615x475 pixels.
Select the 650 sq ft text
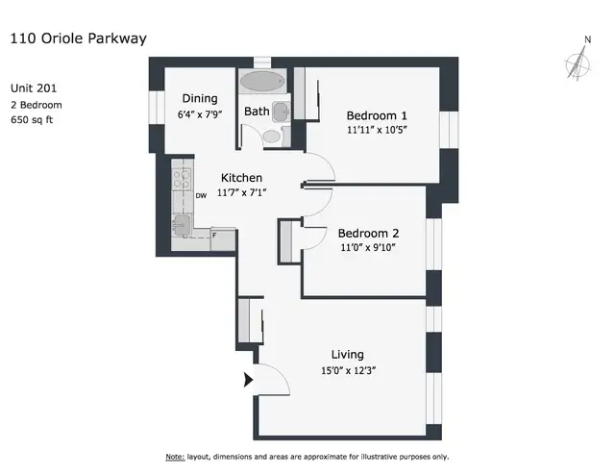tap(37, 120)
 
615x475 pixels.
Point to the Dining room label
tap(200, 98)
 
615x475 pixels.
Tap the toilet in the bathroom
tap(272, 137)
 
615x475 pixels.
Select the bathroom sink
tap(280, 112)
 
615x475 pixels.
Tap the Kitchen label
tap(242, 178)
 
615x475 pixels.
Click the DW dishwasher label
tap(201, 195)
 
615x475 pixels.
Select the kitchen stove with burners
tap(180, 177)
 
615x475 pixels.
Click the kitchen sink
tap(181, 224)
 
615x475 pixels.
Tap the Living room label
tap(348, 354)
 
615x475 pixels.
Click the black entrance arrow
tap(249, 380)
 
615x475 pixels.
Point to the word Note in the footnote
tap(175, 456)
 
